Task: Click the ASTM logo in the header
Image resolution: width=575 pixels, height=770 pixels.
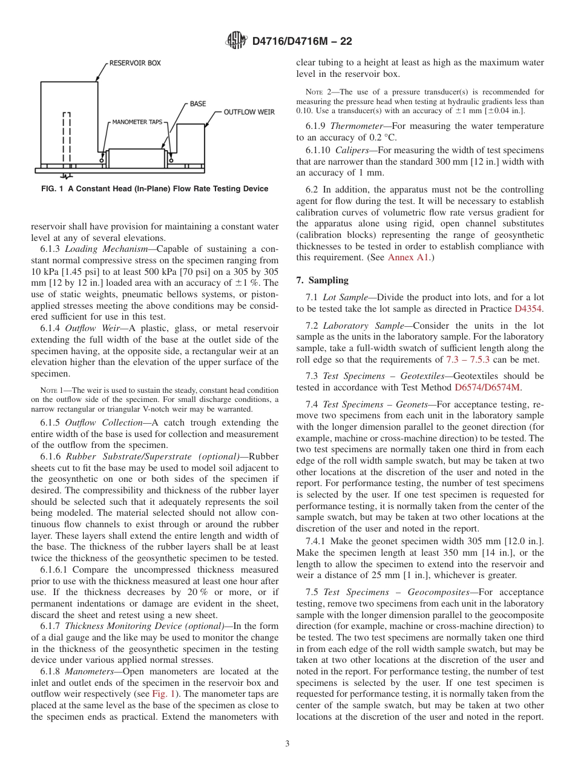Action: coord(236,41)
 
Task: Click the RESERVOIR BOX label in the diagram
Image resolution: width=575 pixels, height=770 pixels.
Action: coord(134,63)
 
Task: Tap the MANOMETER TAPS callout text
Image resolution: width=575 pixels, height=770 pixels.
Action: coord(137,122)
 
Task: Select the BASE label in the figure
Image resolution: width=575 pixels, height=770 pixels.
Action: coord(197,104)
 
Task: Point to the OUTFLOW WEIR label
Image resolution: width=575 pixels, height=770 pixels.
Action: coord(249,112)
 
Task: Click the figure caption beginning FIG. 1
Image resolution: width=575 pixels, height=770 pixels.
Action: coord(154,189)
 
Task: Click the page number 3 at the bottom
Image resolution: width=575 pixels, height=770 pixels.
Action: coord(287,744)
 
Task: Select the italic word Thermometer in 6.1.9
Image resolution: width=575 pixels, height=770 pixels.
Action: coord(356,126)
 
